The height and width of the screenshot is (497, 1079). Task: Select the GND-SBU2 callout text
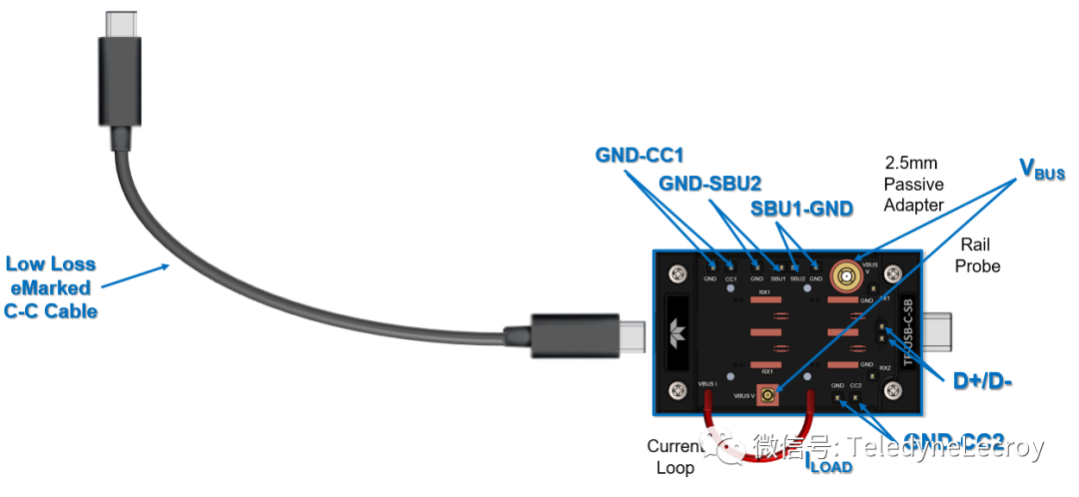(711, 184)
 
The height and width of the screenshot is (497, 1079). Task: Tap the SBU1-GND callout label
(801, 209)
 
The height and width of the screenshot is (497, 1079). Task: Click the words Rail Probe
(978, 255)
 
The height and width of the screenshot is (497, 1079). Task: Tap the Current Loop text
(674, 457)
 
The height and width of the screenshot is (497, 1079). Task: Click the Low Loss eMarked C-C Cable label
(51, 287)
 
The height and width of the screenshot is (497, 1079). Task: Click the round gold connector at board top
(847, 274)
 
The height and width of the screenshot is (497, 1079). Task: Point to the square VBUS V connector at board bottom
(767, 397)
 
